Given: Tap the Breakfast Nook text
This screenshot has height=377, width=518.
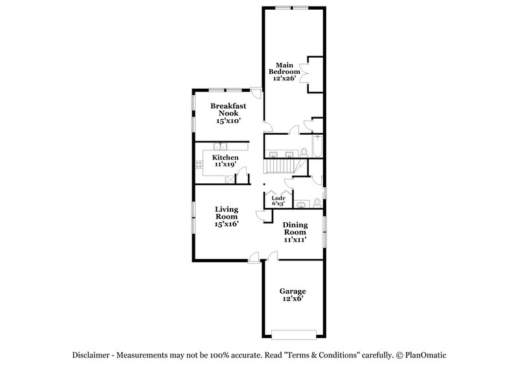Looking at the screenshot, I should tap(227, 113).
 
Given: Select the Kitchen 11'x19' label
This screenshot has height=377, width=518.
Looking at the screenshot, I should tap(226, 161).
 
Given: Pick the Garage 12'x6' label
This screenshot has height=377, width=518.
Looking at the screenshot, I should tap(292, 295).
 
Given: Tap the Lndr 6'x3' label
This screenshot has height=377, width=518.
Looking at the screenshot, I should tap(278, 201).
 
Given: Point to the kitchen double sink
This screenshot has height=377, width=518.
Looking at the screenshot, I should tap(221, 146).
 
